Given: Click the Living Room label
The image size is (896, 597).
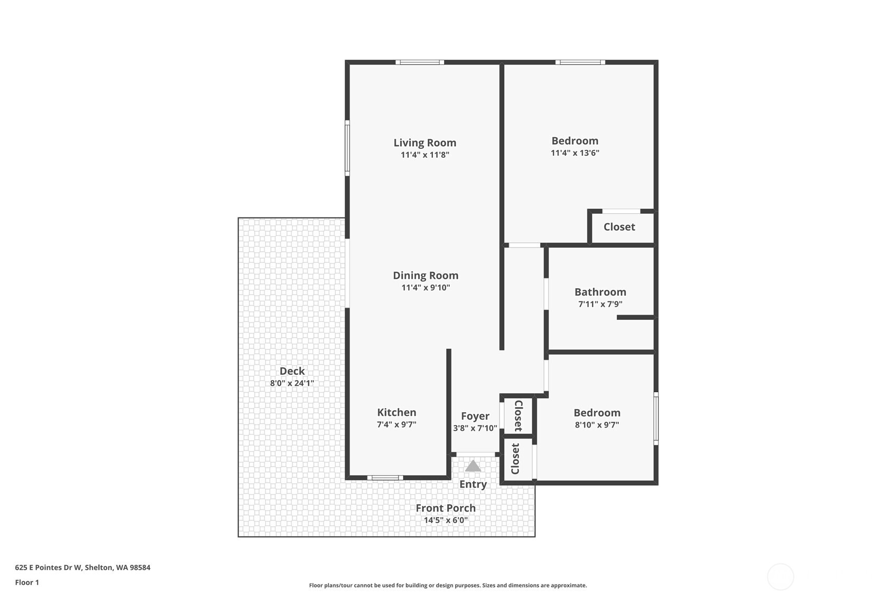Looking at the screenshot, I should tap(425, 143).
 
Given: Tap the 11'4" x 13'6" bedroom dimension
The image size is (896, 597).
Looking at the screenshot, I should tap(574, 153).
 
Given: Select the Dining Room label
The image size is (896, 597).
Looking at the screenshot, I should tap(425, 275).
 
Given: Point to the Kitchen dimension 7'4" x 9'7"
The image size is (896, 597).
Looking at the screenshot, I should tap(397, 424).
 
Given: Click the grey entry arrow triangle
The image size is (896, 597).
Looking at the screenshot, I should tap(473, 466).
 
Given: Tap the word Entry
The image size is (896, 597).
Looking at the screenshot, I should tap(473, 484).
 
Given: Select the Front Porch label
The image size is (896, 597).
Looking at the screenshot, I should tap(445, 508).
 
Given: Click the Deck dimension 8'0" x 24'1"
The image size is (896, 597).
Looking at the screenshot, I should tap(292, 383).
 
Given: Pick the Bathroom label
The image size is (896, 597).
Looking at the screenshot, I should tap(600, 292).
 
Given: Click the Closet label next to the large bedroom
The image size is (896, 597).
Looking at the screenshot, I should tap(619, 227).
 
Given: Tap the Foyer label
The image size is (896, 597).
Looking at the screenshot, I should tap(475, 416).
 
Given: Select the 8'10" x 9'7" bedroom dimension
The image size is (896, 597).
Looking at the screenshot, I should tap(597, 425).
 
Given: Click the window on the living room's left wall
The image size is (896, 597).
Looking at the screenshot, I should tap(347, 148).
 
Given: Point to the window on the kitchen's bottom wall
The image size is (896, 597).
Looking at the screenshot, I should tap(385, 478).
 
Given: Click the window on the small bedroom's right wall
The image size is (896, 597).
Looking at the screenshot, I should tap(656, 419).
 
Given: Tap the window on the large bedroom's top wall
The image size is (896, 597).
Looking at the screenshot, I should tap(580, 62).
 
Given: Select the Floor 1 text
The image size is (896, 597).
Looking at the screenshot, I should tap(27, 582).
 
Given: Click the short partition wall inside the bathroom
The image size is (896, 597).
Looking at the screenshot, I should tap(635, 317).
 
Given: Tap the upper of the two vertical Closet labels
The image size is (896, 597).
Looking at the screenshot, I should tap(518, 415).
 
